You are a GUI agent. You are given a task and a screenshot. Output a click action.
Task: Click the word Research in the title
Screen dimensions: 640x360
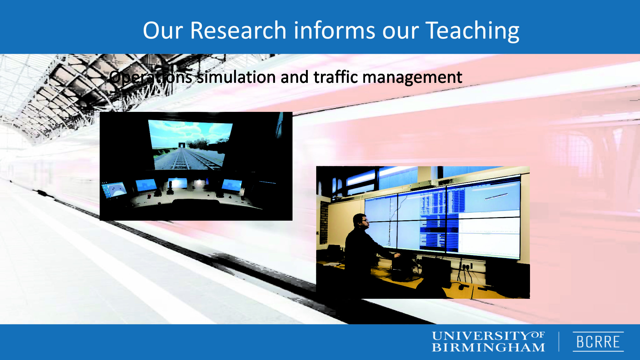click(x=238, y=30)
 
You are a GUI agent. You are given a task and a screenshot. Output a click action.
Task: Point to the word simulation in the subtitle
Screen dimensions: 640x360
click(x=236, y=77)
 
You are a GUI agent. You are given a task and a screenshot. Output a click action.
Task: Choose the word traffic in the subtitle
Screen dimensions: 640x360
click(x=336, y=77)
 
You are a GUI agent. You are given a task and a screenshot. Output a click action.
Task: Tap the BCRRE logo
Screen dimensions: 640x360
click(x=598, y=342)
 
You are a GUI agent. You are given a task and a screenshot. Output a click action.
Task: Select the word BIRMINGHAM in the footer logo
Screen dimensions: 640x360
click(x=488, y=347)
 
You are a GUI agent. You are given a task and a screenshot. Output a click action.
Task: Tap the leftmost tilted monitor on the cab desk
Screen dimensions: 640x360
click(x=114, y=190)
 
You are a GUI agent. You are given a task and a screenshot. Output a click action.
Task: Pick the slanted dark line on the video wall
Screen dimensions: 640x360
click(x=496, y=197)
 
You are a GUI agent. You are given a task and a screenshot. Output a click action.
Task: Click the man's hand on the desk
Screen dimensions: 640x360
click(x=397, y=255)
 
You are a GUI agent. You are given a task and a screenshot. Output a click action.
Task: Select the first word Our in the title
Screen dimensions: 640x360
click(x=162, y=31)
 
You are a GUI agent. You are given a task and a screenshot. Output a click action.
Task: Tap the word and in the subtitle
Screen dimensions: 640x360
click(x=294, y=77)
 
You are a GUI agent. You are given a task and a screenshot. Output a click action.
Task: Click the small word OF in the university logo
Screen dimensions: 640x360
click(x=537, y=335)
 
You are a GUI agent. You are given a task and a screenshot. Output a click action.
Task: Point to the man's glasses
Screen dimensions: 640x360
click(x=364, y=221)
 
